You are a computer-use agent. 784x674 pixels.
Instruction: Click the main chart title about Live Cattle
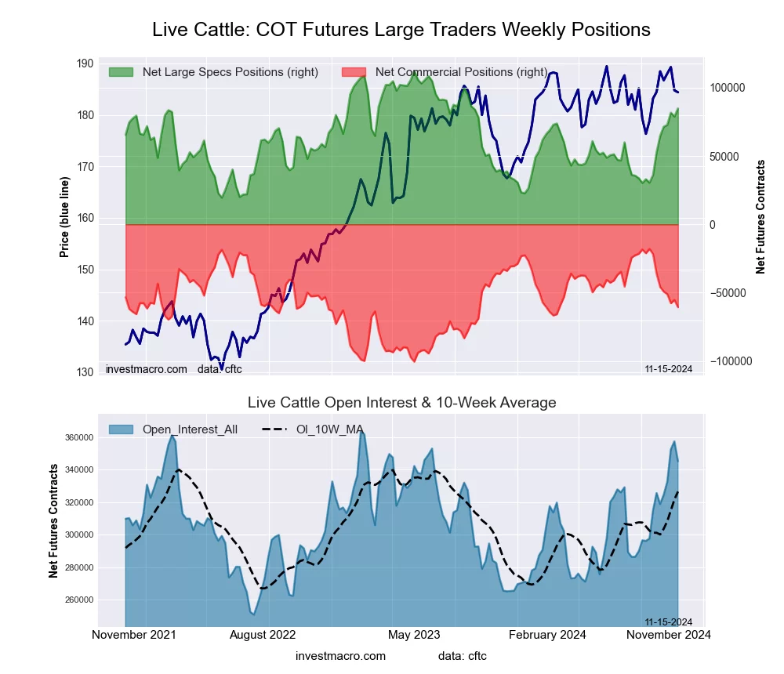(x=401, y=30)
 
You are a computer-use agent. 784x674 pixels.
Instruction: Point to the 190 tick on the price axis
(x=85, y=63)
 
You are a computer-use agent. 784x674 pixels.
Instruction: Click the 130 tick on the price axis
(x=85, y=372)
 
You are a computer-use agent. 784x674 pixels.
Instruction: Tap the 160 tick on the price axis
(x=85, y=218)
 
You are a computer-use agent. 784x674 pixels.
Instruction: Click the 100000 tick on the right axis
(x=728, y=88)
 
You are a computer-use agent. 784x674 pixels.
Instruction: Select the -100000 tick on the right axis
(x=729, y=361)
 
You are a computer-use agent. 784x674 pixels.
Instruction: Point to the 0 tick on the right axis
(x=713, y=225)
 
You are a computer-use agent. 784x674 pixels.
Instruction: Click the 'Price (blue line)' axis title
(x=65, y=218)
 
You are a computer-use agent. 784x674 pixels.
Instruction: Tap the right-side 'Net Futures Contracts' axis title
(x=760, y=217)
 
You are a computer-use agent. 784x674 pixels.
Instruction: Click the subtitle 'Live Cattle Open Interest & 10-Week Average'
(x=401, y=403)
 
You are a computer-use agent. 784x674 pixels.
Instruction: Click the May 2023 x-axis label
(x=415, y=634)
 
